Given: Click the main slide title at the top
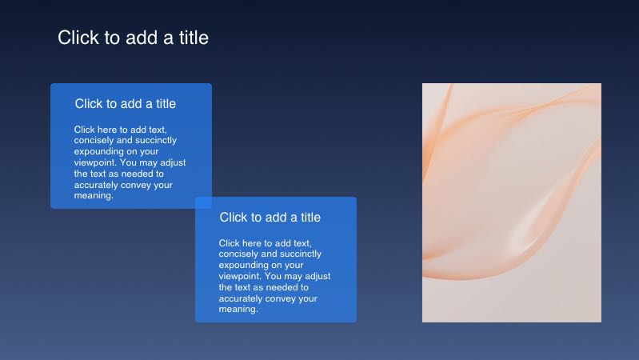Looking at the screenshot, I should click(133, 38).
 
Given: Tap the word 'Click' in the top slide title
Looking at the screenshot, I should click(78, 38).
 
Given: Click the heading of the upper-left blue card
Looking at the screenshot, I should click(126, 104).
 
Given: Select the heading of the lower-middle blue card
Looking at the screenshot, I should click(270, 218).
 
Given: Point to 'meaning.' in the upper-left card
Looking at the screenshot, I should click(94, 195).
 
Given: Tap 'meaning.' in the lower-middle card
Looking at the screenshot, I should click(238, 309).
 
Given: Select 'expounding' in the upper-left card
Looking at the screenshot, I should click(98, 150).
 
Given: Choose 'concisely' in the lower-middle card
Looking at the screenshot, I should click(238, 254).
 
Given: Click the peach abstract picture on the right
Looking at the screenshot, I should click(511, 202).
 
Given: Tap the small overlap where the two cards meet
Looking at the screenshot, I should click(203, 202).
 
